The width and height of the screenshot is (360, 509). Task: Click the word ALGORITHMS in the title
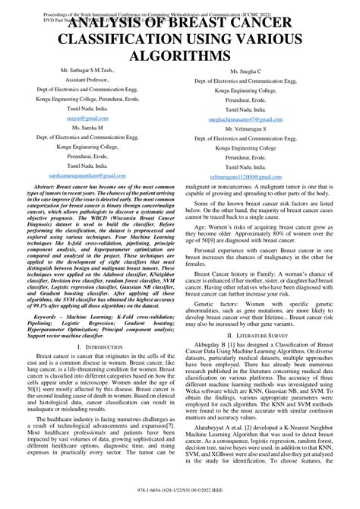(179, 56)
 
